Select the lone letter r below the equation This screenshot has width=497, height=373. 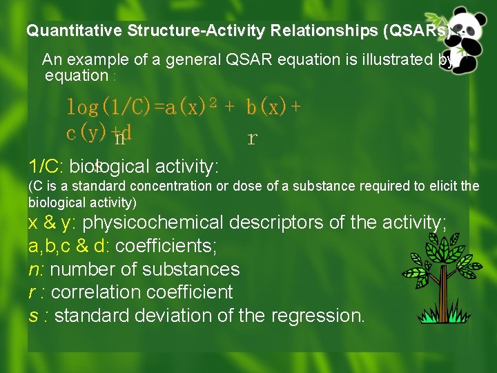[x=252, y=139]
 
